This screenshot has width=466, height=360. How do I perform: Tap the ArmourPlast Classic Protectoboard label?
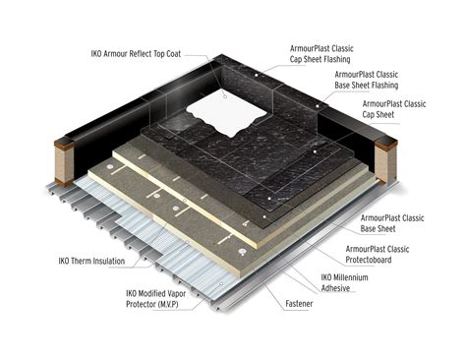tap(389, 255)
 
